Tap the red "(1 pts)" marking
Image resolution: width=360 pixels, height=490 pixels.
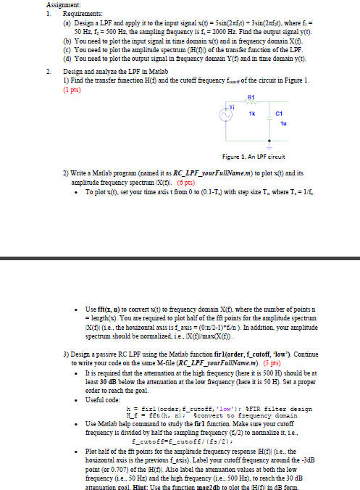click(74, 91)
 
